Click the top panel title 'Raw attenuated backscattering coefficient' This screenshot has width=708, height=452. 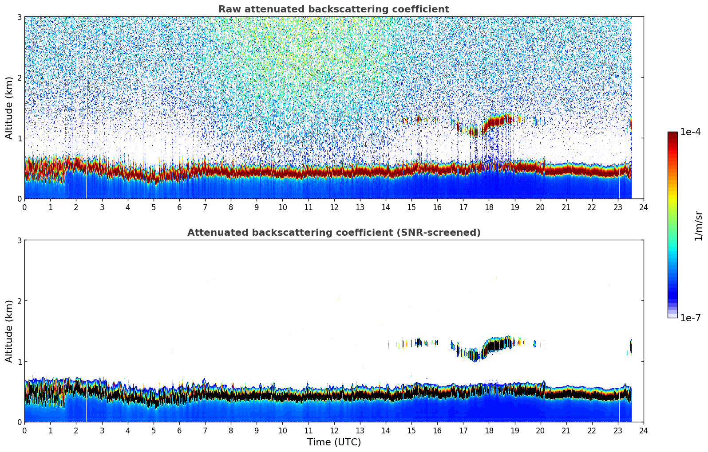point(333,9)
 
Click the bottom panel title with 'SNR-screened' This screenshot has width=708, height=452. point(333,233)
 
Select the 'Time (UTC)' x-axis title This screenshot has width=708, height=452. point(334,442)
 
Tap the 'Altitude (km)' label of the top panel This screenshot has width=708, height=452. point(9,108)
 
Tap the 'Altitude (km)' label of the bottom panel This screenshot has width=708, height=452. point(9,331)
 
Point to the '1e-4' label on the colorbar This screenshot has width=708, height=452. point(690,132)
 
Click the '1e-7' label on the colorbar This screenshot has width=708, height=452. point(690,318)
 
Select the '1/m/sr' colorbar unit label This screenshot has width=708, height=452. point(698,226)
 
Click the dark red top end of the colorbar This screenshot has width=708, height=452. point(672,134)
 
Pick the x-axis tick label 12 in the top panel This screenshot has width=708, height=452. point(334,207)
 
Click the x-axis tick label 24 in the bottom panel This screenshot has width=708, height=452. point(643,431)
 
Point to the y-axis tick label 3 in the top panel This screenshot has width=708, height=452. point(19,17)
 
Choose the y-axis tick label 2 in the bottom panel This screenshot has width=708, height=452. point(19,301)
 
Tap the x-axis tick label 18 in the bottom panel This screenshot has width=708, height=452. point(489,431)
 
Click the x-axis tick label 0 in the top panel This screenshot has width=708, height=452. point(24,207)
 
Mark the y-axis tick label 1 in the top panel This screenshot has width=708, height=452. point(19,138)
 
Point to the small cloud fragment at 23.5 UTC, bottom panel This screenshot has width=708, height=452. point(630,347)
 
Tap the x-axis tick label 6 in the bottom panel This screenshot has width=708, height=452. point(179,431)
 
